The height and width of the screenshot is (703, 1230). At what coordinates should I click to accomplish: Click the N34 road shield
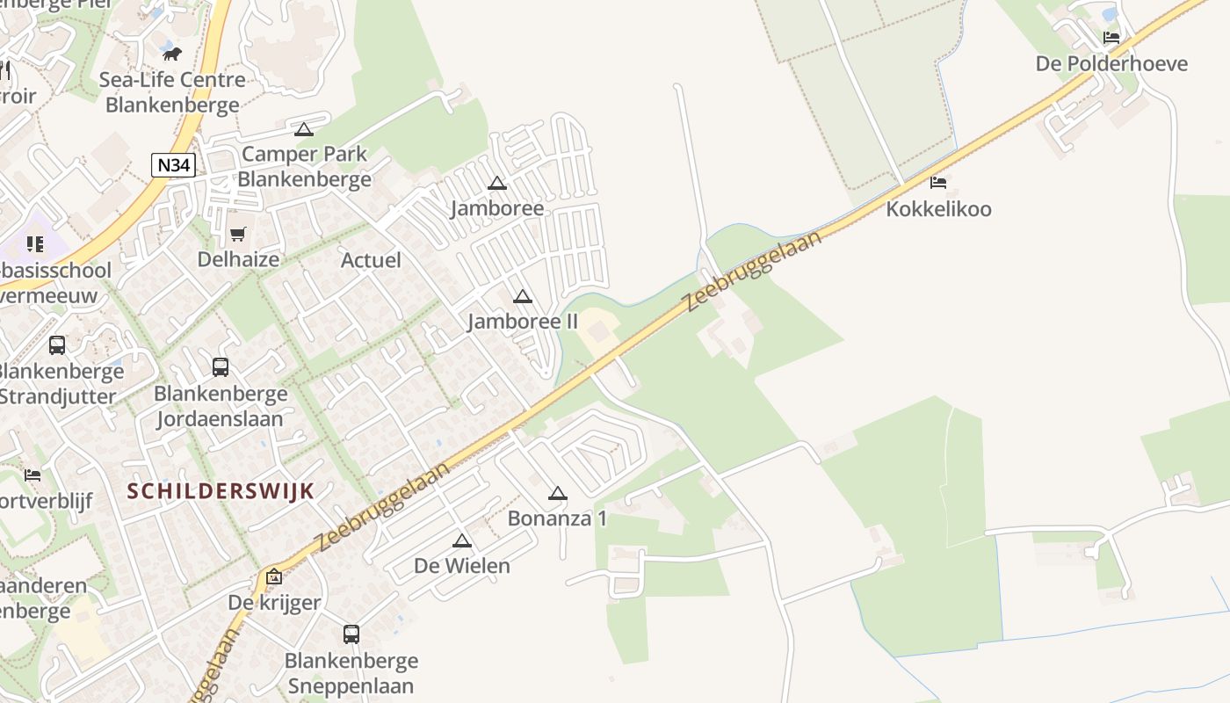173,165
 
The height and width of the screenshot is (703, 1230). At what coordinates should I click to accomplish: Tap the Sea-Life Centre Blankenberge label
172,92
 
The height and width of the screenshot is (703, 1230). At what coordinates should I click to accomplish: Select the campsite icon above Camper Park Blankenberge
304,130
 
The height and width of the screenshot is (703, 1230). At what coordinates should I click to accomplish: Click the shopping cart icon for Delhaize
237,234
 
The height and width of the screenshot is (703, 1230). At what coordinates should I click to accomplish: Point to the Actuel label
371,260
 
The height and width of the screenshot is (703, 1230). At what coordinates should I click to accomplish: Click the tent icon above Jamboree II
523,297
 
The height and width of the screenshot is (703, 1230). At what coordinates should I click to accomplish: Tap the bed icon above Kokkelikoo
938,183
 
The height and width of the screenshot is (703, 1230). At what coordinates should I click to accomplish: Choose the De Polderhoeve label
1111,63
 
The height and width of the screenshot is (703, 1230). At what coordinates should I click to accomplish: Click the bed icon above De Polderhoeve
1111,38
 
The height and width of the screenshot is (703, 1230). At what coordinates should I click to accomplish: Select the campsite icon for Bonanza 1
558,494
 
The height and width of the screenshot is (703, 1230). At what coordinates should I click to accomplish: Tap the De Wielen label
462,565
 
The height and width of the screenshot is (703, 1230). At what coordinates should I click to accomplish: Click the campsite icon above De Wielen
462,540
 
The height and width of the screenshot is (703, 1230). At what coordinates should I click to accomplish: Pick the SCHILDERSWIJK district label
221,491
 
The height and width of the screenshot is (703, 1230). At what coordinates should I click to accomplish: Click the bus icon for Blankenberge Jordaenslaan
221,367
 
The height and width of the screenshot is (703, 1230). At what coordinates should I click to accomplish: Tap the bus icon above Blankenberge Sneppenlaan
351,634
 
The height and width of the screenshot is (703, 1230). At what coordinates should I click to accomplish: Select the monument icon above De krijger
274,578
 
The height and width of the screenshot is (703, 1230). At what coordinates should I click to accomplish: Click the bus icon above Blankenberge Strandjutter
57,345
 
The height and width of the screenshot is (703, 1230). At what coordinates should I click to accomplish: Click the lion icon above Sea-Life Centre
172,54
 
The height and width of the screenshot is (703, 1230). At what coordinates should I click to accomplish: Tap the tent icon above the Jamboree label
497,184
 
